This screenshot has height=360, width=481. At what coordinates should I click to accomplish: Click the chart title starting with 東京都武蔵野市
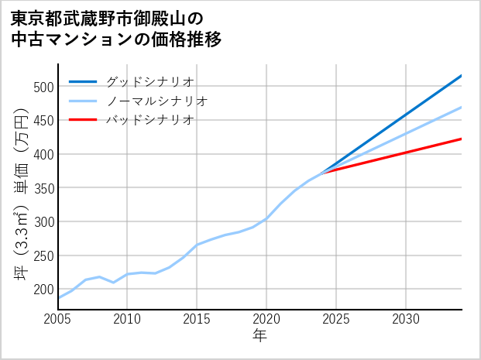pos(116,29)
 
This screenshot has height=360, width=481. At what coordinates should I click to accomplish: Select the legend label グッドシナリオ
pos(149,81)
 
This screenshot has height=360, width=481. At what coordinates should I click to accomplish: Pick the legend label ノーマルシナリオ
pos(156,101)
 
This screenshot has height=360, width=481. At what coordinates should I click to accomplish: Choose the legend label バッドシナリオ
pos(149,120)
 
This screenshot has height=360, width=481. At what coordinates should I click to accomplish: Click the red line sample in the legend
pos(83,120)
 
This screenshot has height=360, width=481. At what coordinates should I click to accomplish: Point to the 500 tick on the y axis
pos(43,87)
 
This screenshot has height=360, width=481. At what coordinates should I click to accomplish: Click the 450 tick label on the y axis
pos(43,121)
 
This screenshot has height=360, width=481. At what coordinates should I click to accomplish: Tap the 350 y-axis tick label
pos(43,188)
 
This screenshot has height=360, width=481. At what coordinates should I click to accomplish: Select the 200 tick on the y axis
pos(43,290)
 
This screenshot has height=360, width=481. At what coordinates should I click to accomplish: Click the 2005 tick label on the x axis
pos(58,319)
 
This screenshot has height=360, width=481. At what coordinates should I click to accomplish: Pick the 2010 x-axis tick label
pos(128,319)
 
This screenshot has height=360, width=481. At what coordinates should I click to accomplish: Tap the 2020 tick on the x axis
pos(266,319)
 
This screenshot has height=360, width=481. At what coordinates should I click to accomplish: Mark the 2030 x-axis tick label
pos(406,319)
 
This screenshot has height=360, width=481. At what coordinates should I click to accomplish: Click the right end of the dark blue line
pos(462,76)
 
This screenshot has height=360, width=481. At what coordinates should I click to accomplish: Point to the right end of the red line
pos(462,139)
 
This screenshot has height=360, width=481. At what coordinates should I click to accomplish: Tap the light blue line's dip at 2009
pos(114,283)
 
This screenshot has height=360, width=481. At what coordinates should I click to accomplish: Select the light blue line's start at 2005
pos(59,298)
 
